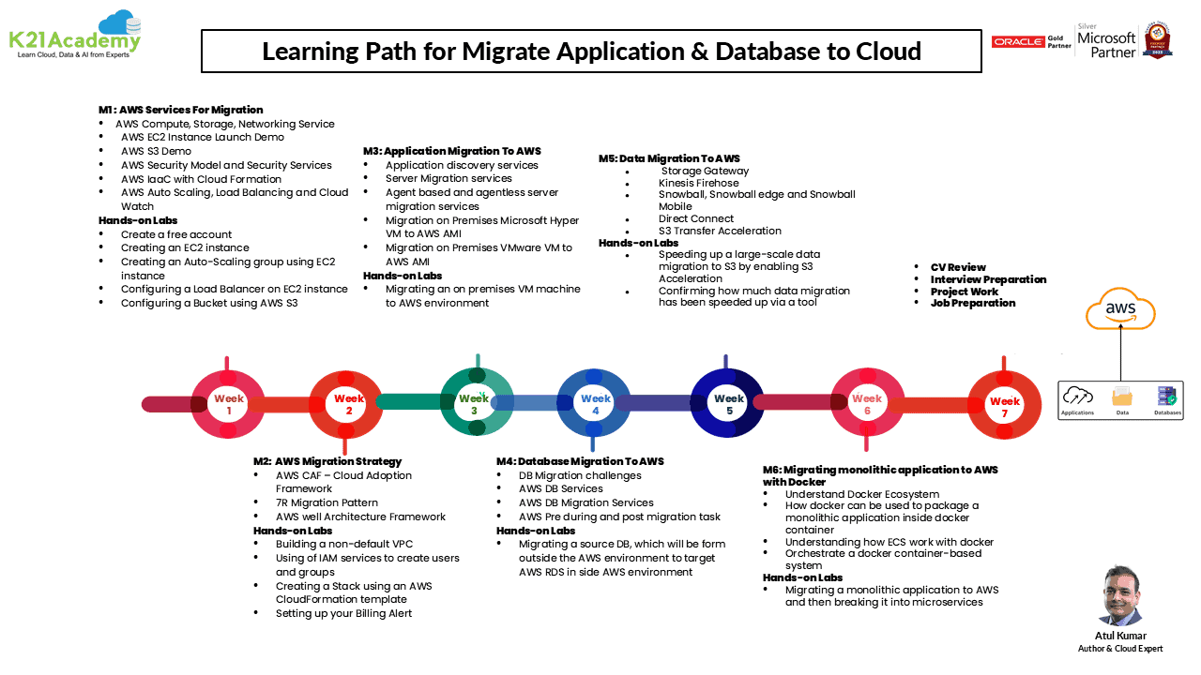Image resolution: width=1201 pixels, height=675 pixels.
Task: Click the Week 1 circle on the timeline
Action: coord(228,404)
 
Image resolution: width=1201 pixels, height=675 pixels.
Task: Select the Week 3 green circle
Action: coord(475,403)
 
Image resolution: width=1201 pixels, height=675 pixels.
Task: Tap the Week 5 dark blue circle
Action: coord(728,404)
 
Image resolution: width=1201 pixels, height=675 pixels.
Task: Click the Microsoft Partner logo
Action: coord(1106,42)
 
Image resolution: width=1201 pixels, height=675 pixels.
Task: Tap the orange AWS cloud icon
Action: coord(1120,309)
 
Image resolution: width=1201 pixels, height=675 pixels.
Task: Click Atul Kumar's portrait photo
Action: coord(1120,595)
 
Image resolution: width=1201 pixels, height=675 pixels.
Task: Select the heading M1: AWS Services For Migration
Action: coord(181,110)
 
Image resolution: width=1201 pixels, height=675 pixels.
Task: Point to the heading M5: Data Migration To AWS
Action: coord(669,158)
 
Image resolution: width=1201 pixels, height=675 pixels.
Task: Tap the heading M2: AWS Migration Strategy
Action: coord(327,461)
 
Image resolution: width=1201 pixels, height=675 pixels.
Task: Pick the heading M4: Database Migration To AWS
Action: coord(580,461)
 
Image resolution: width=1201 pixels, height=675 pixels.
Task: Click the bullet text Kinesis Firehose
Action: coord(698,183)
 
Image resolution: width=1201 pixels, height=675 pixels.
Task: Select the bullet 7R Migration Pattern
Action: coord(327,502)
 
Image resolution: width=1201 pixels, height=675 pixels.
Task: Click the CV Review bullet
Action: coord(958,267)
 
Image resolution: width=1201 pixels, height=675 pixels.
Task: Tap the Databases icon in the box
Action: coord(1167,398)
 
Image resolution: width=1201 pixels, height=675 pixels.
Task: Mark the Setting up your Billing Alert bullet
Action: coord(343,613)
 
